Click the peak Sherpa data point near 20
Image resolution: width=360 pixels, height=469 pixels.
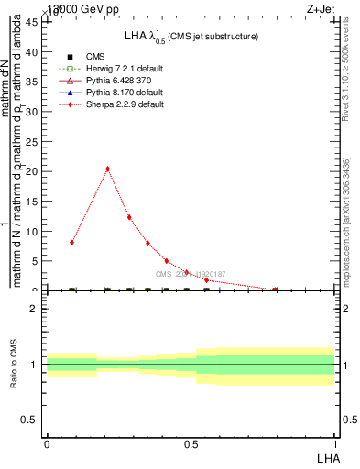(x=108, y=169)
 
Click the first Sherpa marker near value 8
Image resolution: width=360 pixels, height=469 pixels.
(x=71, y=243)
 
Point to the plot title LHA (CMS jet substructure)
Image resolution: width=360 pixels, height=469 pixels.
(x=191, y=36)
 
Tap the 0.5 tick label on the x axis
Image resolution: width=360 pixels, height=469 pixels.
(x=191, y=442)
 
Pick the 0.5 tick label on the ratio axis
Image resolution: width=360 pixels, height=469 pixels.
(x=33, y=420)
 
